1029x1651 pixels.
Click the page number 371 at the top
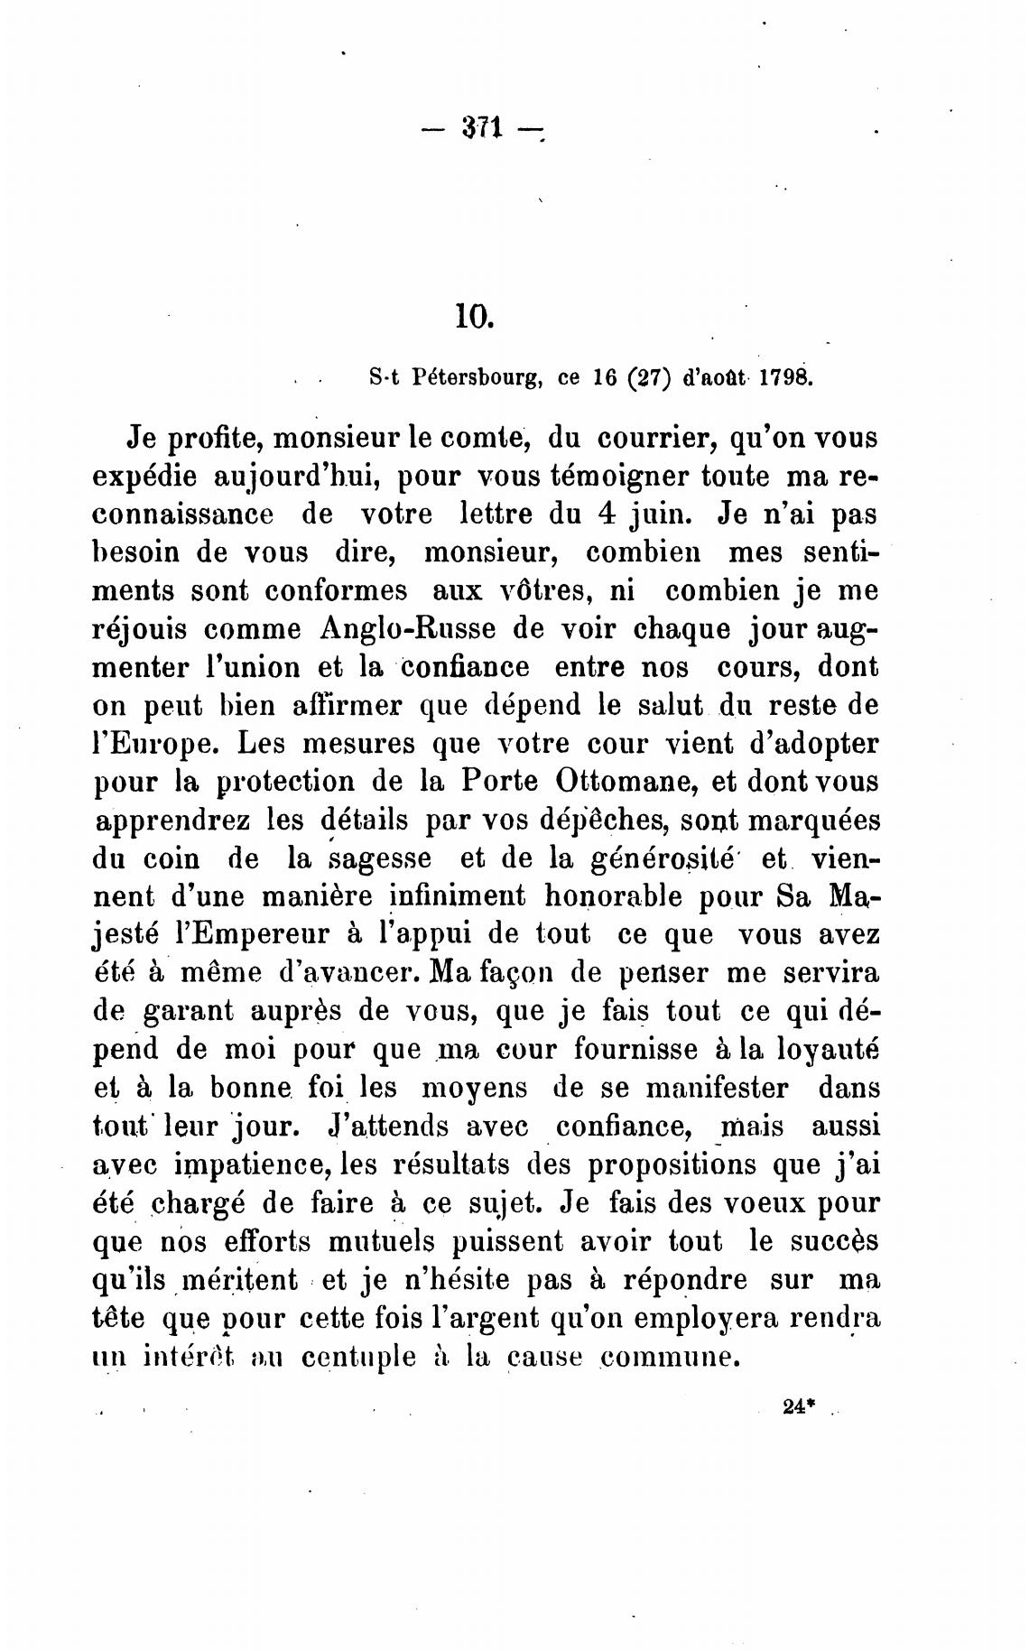[481, 129]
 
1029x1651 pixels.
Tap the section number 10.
[472, 318]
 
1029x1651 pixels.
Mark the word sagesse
[379, 858]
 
